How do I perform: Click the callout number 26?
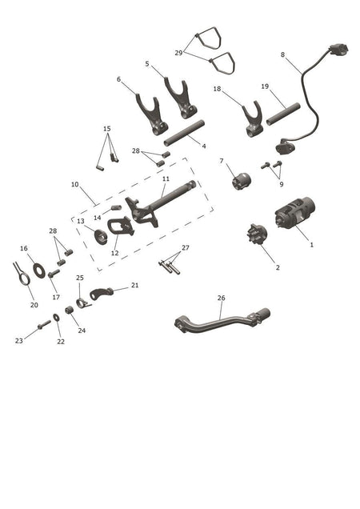pos(221,298)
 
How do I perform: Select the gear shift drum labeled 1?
pos(294,212)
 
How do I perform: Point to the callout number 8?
pos(282,54)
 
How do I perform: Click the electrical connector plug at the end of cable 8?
pos(338,50)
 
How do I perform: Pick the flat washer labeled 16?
pos(39,271)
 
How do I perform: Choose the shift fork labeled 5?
pos(181,98)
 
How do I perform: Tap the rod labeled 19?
pos(283,114)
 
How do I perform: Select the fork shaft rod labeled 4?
pos(184,133)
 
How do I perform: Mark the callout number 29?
pos(178,53)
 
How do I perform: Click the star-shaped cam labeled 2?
pos(258,234)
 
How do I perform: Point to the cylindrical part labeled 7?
pos(242,181)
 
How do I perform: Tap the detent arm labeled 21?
pos(102,293)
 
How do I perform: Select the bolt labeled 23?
pos(44,325)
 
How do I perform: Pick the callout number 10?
pos(75,184)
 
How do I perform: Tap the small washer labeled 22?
pos(56,317)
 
